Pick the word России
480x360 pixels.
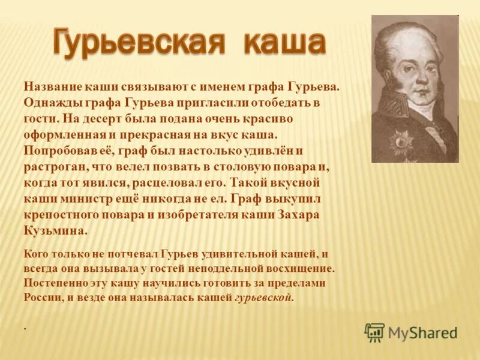(x=41, y=297)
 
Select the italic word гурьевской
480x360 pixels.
(x=263, y=298)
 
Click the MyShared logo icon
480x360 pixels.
(x=374, y=332)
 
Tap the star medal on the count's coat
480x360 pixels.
(x=400, y=143)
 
